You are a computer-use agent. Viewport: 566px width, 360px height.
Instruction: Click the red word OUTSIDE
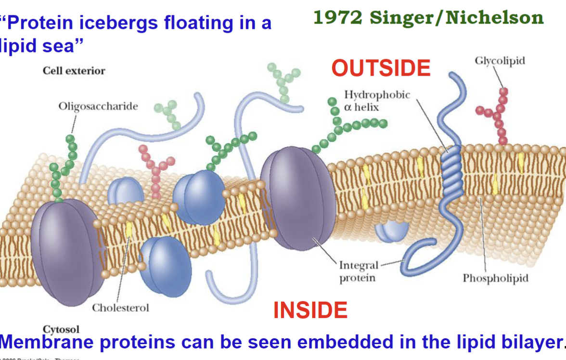point(381,68)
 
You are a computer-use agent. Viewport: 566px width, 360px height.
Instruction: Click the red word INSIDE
point(310,310)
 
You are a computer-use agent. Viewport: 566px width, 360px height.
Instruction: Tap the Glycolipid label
point(500,61)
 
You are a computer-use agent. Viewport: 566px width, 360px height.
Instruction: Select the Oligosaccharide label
point(98,106)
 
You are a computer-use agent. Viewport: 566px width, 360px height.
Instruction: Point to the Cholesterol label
point(121,308)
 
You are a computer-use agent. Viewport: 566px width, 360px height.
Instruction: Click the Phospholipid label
point(496,278)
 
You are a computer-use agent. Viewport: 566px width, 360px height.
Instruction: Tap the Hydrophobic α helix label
point(377,101)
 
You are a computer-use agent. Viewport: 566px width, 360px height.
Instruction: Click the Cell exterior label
point(74,71)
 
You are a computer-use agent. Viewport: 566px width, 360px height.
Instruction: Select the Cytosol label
point(61,329)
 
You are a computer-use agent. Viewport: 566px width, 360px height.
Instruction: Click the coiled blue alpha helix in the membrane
point(451,171)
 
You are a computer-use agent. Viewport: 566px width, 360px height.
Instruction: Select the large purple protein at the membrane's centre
point(297,198)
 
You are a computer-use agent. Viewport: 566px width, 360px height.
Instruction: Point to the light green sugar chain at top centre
point(284,82)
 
